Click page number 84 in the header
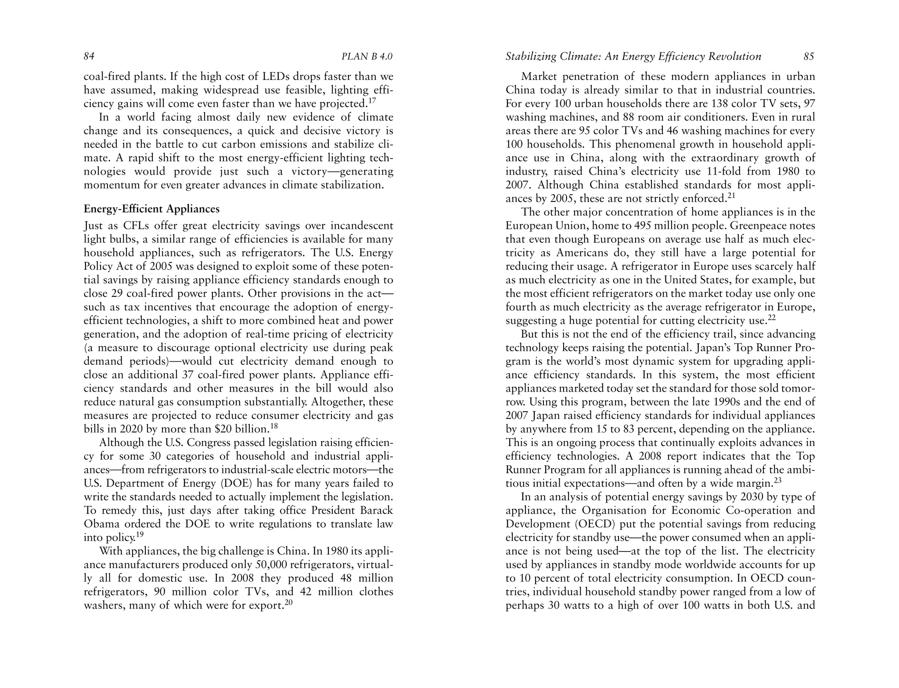pos(89,57)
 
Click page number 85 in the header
pos(809,57)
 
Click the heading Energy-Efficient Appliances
pos(151,209)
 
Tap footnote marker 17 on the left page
pos(372,101)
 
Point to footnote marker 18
pos(274,426)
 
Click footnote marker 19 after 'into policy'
pos(140,534)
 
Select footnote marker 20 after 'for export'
pos(288,602)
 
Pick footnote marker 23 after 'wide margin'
pos(777,480)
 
